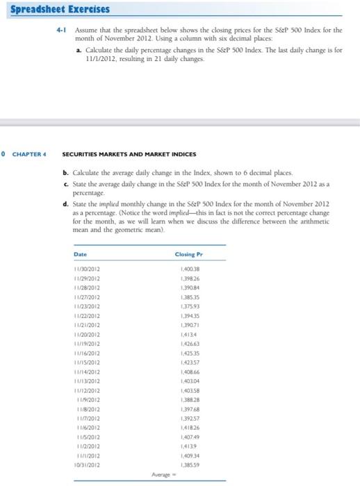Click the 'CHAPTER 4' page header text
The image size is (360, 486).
30,154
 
